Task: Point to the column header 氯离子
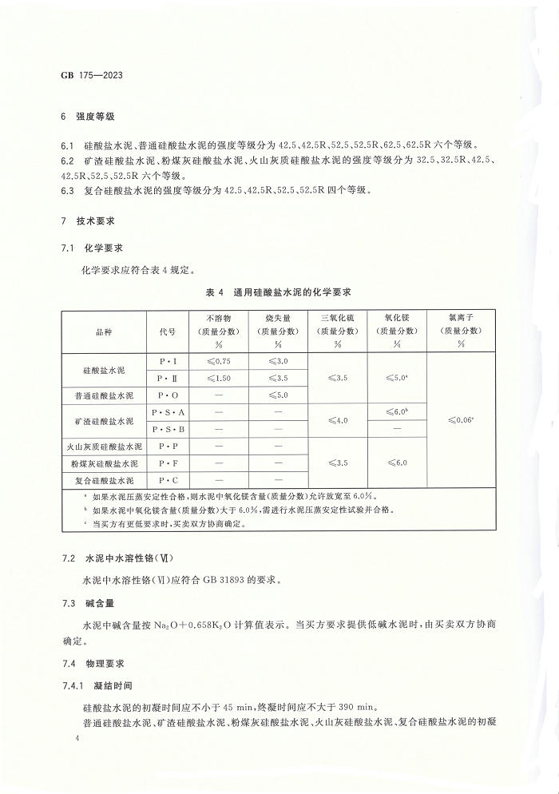pyautogui.click(x=462, y=316)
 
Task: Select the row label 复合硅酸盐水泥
pyautogui.click(x=104, y=480)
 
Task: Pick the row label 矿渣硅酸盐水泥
pyautogui.click(x=104, y=420)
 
